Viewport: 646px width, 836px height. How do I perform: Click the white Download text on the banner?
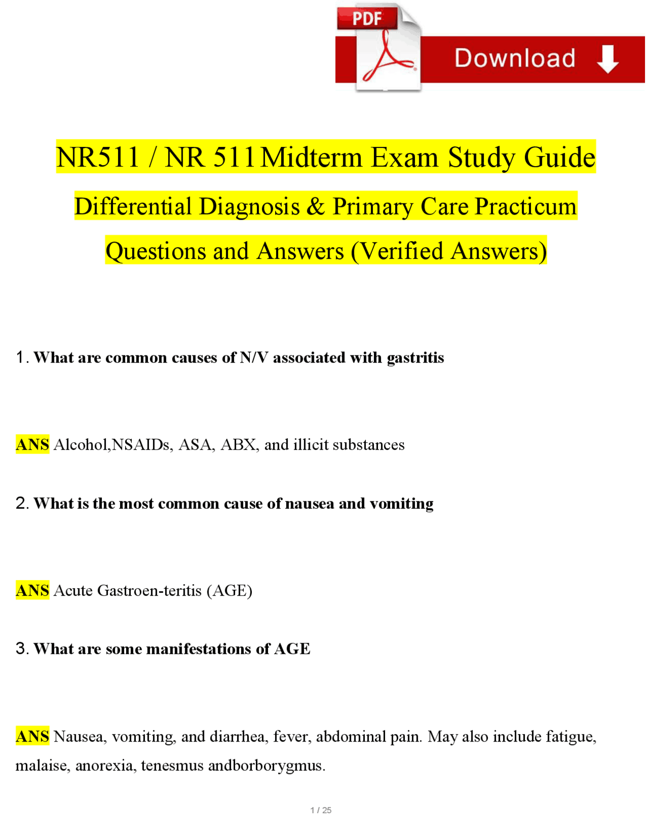pyautogui.click(x=515, y=58)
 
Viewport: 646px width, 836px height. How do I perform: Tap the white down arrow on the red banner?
pyautogui.click(x=608, y=59)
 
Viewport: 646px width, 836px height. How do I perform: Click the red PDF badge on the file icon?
pyautogui.click(x=367, y=19)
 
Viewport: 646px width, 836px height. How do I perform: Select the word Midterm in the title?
pyautogui.click(x=312, y=158)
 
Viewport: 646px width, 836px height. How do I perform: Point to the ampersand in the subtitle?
pyautogui.click(x=315, y=206)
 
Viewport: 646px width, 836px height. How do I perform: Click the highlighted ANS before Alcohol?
pyautogui.click(x=32, y=444)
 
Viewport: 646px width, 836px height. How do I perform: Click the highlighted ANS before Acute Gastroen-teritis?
pyautogui.click(x=32, y=590)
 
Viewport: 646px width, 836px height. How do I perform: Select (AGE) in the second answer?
pyautogui.click(x=230, y=590)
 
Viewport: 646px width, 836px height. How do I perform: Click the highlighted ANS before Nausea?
pyautogui.click(x=32, y=737)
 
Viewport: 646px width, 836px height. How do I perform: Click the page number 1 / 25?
pyautogui.click(x=321, y=810)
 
